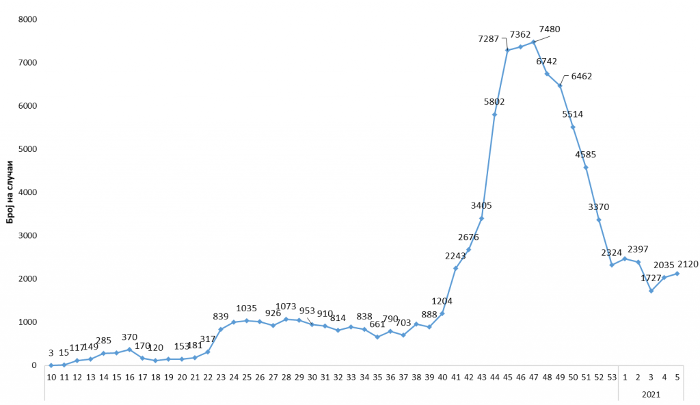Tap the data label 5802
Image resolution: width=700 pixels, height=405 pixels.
click(x=494, y=102)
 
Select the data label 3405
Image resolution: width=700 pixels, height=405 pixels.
click(x=481, y=205)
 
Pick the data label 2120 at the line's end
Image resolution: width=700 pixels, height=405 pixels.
click(x=687, y=263)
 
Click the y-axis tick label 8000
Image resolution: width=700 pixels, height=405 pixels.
click(x=27, y=19)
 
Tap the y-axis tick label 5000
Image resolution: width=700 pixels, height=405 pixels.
click(x=27, y=149)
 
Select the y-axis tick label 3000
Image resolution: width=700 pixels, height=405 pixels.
click(x=27, y=235)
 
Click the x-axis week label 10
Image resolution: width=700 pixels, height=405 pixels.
click(x=51, y=377)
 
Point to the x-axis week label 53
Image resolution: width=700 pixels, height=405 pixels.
click(x=612, y=377)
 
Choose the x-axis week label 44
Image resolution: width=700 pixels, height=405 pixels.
click(x=494, y=377)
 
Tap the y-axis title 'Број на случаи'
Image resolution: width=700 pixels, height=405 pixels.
click(x=11, y=192)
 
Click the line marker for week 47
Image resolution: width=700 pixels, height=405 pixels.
click(x=533, y=42)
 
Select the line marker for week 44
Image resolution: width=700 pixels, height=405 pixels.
click(x=494, y=114)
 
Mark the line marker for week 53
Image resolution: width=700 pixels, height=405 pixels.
click(x=612, y=265)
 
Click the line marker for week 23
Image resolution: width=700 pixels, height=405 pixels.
click(x=221, y=329)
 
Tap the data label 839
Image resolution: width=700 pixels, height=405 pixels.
click(x=221, y=316)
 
